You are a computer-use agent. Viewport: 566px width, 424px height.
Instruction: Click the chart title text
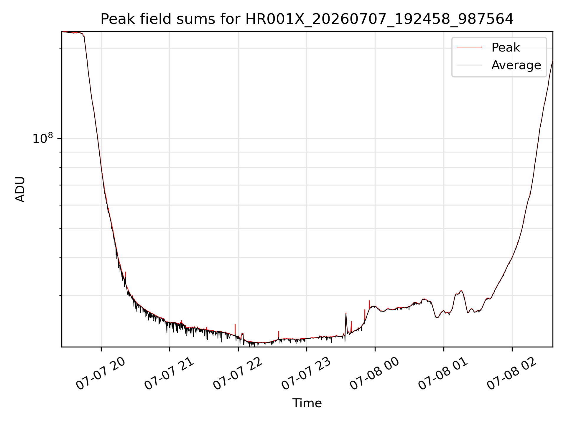click(x=307, y=19)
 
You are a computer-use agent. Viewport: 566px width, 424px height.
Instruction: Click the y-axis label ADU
click(x=20, y=189)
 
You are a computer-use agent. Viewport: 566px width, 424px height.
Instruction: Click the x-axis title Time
click(x=307, y=403)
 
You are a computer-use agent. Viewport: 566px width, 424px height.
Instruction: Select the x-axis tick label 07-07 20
click(x=101, y=374)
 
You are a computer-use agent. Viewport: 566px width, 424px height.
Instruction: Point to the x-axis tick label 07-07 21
click(x=169, y=374)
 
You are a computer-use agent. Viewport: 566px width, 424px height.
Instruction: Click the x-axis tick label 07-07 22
click(x=238, y=374)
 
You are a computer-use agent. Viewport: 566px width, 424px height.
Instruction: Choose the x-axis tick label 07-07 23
click(x=306, y=374)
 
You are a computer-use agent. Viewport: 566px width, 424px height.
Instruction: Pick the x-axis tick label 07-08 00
click(x=374, y=374)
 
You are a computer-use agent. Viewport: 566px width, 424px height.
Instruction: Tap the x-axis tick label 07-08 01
click(x=443, y=374)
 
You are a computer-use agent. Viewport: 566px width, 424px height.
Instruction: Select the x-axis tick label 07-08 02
click(x=511, y=374)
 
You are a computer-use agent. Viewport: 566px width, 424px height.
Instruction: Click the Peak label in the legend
click(x=506, y=47)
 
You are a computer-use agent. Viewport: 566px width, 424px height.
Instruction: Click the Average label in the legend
click(x=516, y=65)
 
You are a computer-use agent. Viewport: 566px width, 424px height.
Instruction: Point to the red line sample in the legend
click(x=469, y=47)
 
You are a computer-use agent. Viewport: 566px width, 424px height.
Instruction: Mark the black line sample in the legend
click(x=469, y=65)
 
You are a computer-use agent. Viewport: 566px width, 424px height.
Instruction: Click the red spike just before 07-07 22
click(x=235, y=329)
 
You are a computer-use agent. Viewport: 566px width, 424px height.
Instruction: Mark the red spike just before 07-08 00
click(x=369, y=304)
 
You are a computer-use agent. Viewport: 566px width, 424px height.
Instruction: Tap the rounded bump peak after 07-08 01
click(x=461, y=291)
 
